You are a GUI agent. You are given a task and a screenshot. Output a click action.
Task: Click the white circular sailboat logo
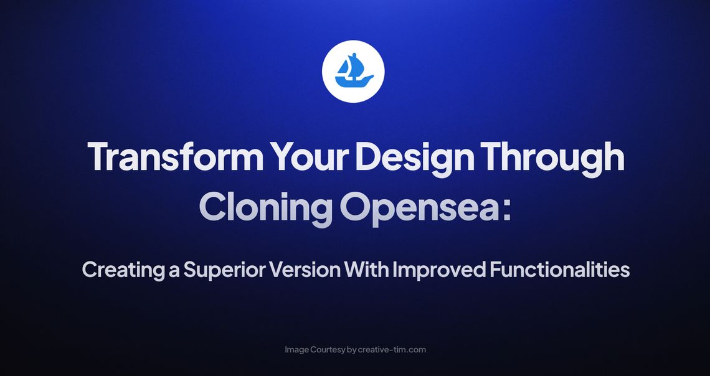tap(353, 71)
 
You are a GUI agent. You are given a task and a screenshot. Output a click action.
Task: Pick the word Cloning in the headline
tap(265, 209)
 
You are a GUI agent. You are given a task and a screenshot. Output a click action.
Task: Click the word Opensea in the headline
tap(418, 209)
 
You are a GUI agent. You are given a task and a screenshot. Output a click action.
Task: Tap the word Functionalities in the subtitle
tap(560, 271)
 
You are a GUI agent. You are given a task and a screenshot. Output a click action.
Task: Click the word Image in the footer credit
tap(296, 350)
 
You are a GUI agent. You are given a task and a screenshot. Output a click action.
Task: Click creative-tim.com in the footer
tap(392, 350)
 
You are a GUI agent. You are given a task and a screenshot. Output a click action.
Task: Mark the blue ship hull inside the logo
tap(354, 81)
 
